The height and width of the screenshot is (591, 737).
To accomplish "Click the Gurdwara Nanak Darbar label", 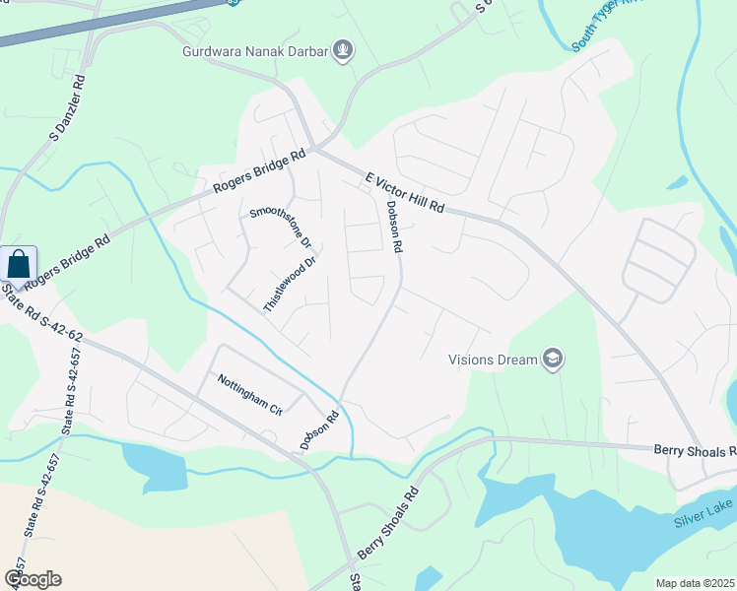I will pyautogui.click(x=255, y=51).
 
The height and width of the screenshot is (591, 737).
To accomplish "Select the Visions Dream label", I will pyautogui.click(x=493, y=360).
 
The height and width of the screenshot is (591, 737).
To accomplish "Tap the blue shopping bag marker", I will pyautogui.click(x=19, y=265).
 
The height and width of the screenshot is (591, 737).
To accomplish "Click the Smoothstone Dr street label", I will pyautogui.click(x=281, y=226).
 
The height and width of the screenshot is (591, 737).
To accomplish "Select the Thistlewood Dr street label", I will pyautogui.click(x=289, y=286).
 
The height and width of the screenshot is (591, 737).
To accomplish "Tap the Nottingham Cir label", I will pyautogui.click(x=249, y=394).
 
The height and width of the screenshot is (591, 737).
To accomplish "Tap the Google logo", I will pyautogui.click(x=32, y=579).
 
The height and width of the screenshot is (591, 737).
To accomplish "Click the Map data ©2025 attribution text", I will pyautogui.click(x=695, y=582).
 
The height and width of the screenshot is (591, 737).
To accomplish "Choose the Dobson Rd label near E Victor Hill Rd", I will pyautogui.click(x=395, y=228).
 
